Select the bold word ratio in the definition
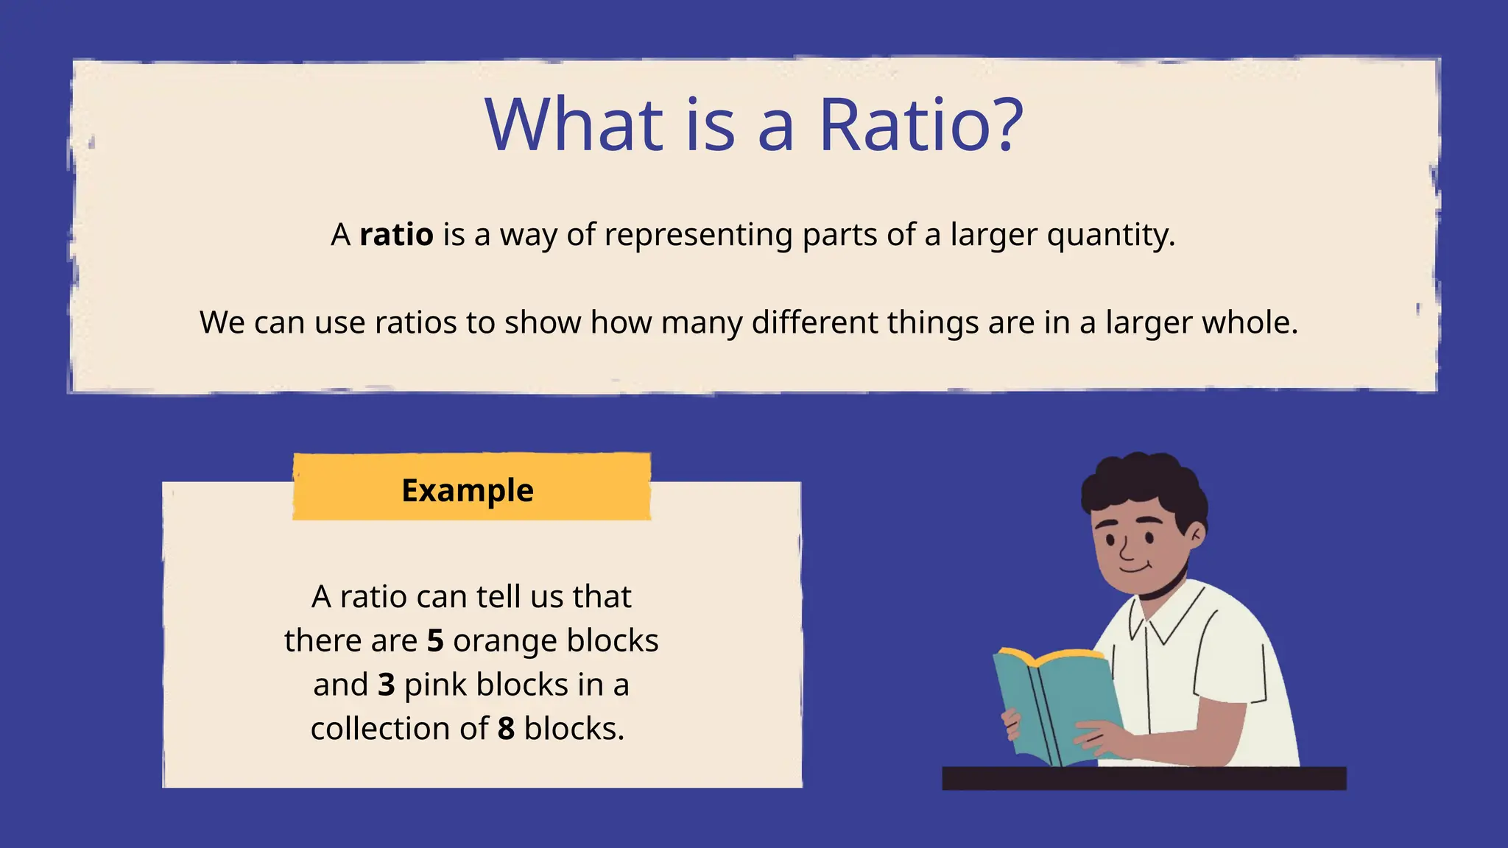396,236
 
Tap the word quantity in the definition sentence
1110,236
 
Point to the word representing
698,236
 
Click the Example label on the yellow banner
468,490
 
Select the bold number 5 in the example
435,640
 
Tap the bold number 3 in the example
387,685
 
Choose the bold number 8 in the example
506,729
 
